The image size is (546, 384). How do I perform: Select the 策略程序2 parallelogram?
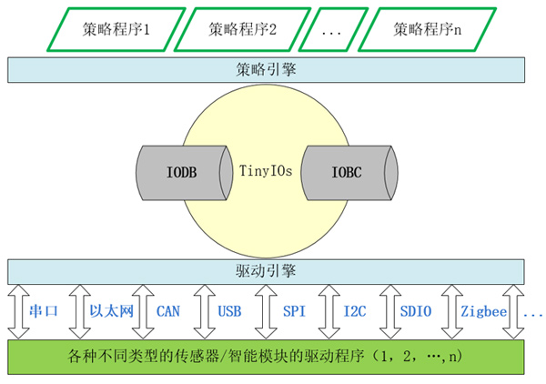coord(238,29)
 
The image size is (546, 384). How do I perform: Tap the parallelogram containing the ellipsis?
coord(333,29)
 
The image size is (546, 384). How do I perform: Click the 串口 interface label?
coord(44,311)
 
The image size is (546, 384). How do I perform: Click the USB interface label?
coord(229,311)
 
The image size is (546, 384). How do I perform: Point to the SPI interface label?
coord(294,311)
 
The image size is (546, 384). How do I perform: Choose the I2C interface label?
coord(355,311)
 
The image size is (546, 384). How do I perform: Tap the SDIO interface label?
coord(416,311)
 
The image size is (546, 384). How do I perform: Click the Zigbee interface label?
coord(482,311)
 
